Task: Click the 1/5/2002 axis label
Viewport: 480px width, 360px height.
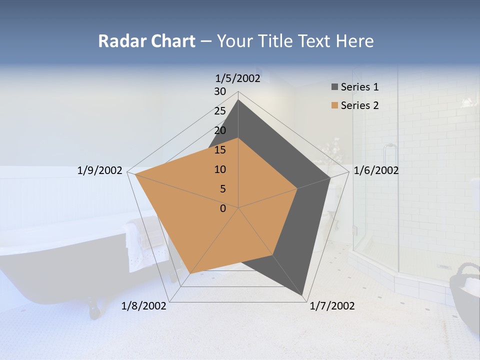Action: click(x=238, y=78)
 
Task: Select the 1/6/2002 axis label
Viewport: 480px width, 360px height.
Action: click(x=376, y=170)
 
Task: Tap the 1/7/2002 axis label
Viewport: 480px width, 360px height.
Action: click(x=332, y=306)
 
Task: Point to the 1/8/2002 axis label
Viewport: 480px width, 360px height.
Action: click(x=144, y=306)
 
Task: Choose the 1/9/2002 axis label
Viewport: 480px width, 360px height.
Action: click(x=100, y=170)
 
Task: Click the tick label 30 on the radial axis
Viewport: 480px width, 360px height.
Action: click(x=220, y=91)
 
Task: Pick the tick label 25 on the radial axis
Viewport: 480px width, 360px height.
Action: click(x=220, y=111)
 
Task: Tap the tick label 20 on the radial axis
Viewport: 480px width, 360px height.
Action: click(x=220, y=130)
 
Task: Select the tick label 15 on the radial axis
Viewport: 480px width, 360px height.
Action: click(x=220, y=150)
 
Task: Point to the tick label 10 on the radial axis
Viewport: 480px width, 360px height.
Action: click(x=220, y=169)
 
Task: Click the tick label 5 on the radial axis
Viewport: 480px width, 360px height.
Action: click(x=222, y=189)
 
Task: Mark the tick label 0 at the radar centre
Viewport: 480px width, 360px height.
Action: click(x=223, y=208)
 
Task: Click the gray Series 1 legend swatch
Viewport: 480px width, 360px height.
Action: click(x=334, y=87)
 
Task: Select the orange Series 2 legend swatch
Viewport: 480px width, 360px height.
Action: click(x=334, y=105)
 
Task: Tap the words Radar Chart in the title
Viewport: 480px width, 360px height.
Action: click(x=146, y=41)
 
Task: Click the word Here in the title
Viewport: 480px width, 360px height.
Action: click(x=354, y=41)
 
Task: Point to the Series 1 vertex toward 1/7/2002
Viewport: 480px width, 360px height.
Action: click(x=303, y=295)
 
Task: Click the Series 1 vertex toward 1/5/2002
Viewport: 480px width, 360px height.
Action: click(x=238, y=99)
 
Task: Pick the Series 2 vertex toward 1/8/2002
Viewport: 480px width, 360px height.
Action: click(x=190, y=273)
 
